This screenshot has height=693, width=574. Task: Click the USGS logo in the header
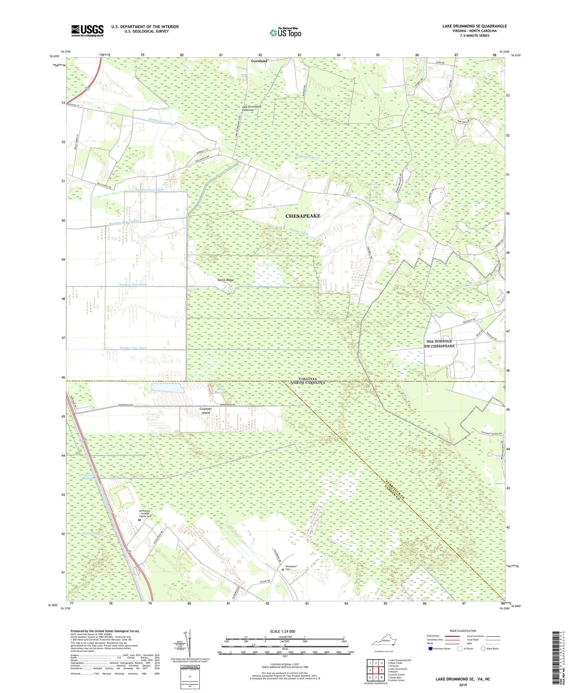(x=87, y=31)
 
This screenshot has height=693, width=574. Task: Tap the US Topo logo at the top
(x=285, y=32)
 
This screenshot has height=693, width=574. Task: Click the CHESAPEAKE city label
(x=303, y=216)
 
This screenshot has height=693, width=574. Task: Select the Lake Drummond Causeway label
(x=251, y=108)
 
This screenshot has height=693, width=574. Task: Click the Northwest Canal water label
(x=160, y=121)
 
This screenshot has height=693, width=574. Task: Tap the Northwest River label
(x=307, y=157)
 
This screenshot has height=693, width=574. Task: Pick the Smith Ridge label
(x=225, y=280)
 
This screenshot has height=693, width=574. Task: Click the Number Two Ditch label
(x=133, y=285)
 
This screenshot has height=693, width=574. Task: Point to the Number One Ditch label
(x=133, y=348)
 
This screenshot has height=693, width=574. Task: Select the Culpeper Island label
(x=205, y=411)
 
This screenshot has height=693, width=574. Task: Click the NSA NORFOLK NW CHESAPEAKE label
(x=439, y=343)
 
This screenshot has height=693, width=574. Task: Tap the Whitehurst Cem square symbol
(x=283, y=569)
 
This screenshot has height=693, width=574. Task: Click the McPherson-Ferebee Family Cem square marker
(x=139, y=520)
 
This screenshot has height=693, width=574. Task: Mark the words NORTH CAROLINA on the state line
(x=307, y=383)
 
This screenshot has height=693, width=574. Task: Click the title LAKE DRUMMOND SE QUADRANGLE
(x=474, y=26)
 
